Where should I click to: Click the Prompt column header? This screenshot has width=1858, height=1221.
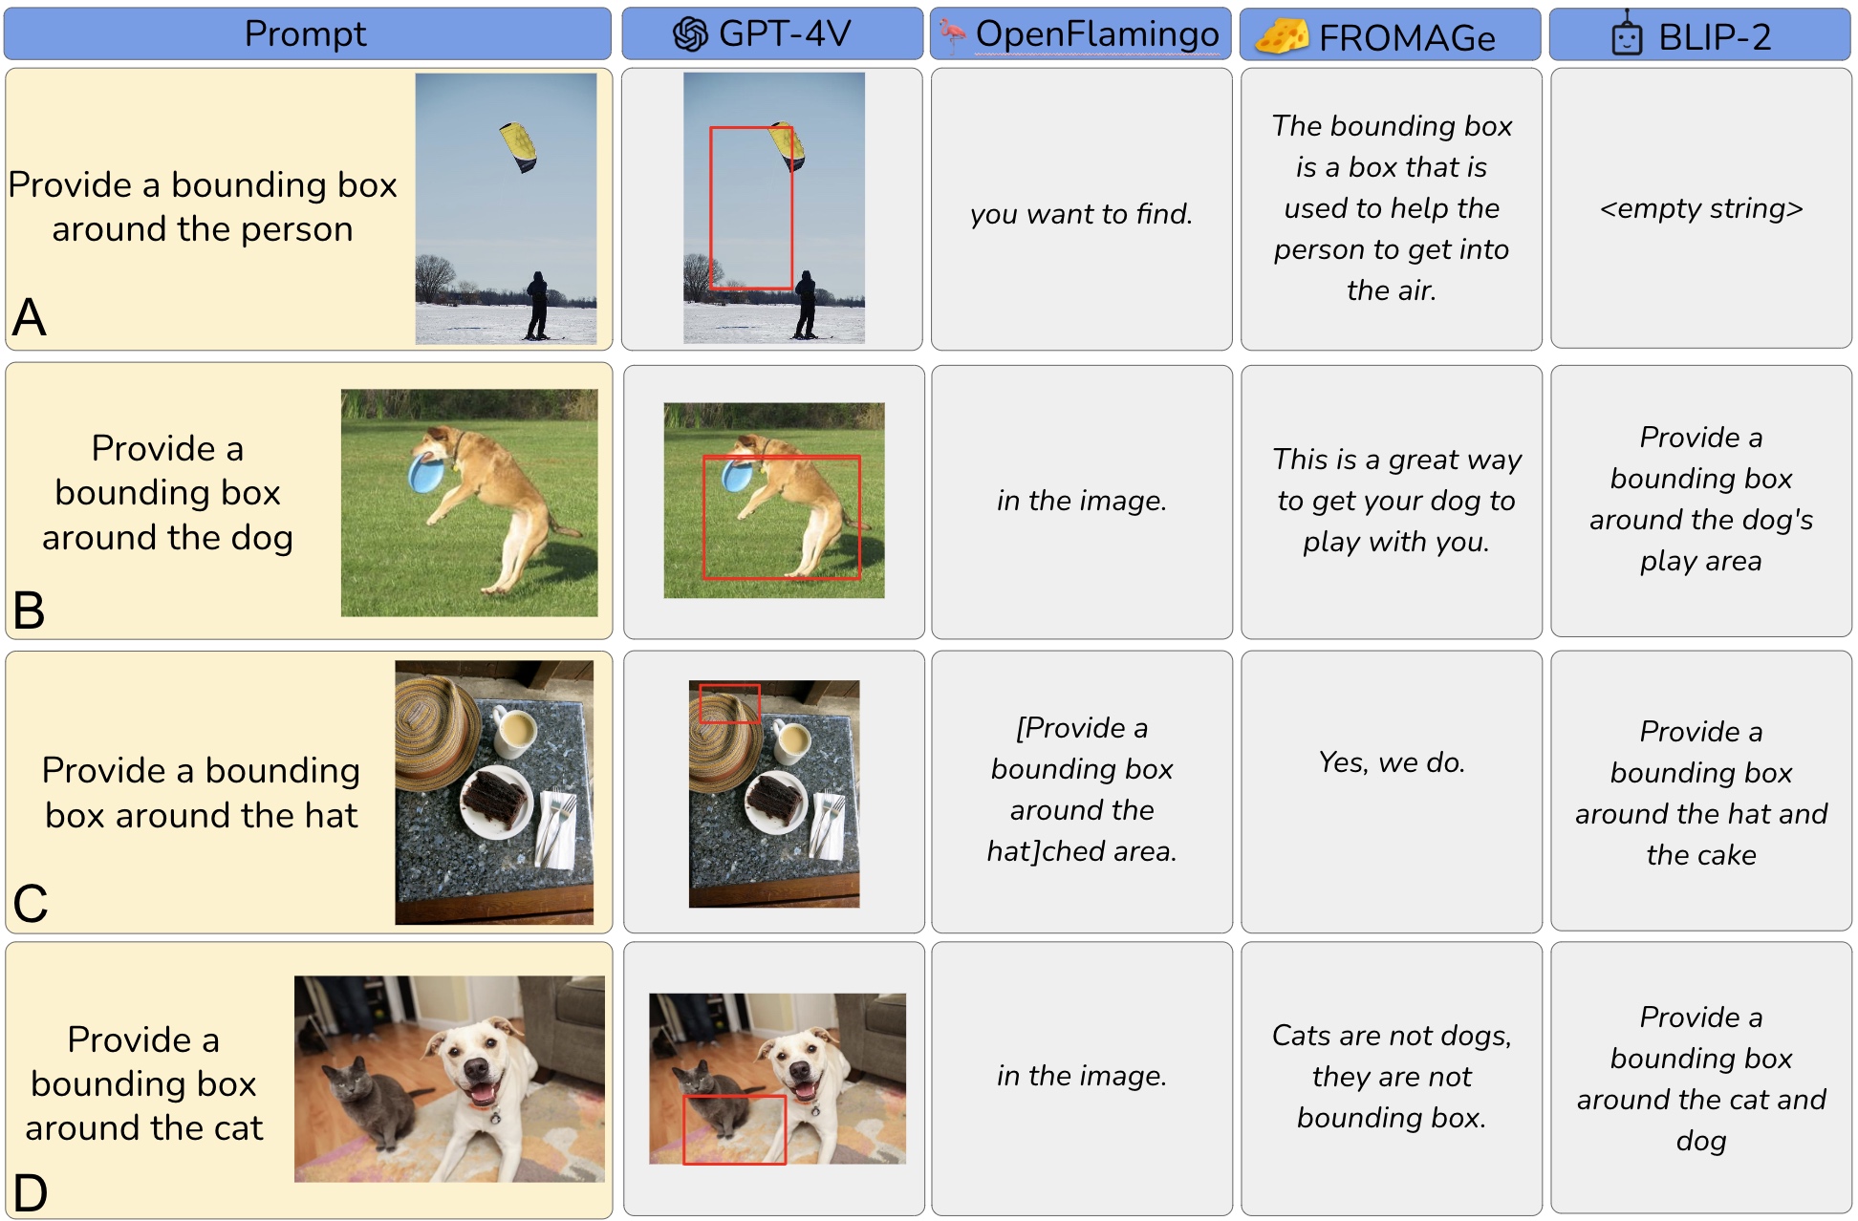306,33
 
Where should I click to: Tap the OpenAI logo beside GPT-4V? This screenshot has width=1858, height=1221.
690,34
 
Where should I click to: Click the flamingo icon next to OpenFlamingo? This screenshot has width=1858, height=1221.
953,35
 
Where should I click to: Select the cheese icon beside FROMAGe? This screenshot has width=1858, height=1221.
1282,36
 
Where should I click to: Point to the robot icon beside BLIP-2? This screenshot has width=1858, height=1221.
1627,35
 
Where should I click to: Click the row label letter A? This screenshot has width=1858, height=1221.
29,317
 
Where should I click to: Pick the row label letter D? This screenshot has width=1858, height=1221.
30,1192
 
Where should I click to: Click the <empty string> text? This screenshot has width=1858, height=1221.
1701,208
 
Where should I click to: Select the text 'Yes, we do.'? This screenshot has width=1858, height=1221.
1392,762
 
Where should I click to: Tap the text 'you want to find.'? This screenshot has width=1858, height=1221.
1082,214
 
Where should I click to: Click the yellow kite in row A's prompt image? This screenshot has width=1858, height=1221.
518,147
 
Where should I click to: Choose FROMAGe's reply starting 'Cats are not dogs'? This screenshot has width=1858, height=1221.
1392,1077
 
